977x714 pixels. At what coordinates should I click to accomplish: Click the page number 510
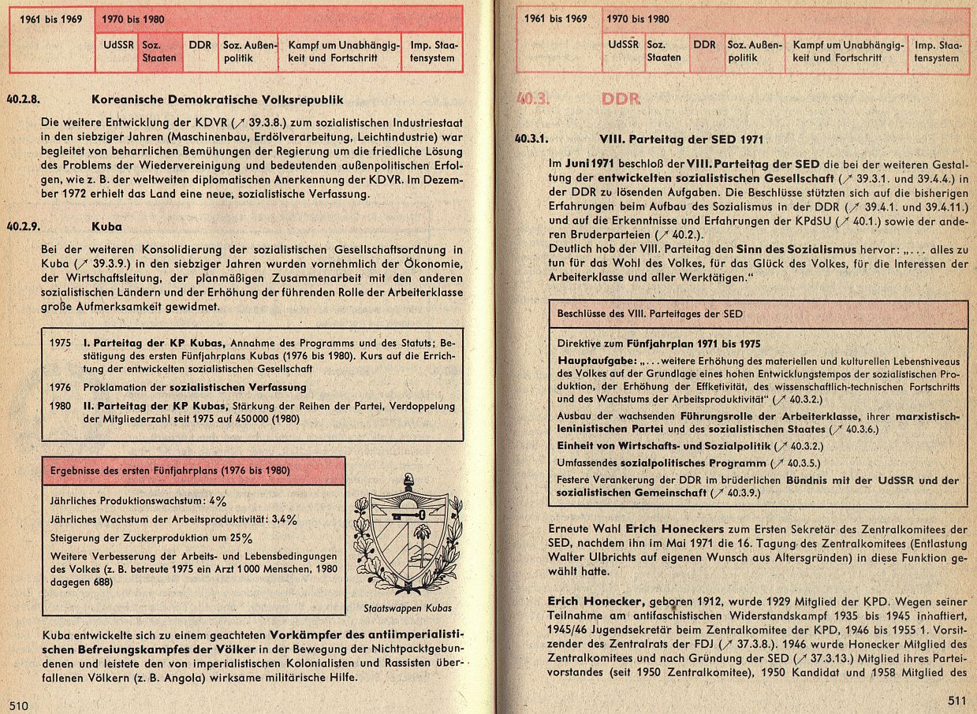tap(19, 705)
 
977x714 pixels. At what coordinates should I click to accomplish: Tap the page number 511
tap(956, 701)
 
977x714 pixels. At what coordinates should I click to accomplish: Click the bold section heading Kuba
tap(106, 226)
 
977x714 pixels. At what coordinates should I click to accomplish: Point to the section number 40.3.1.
tap(531, 139)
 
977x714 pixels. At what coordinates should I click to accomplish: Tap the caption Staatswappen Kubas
tap(408, 608)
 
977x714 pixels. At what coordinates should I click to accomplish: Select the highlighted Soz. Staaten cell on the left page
tap(158, 52)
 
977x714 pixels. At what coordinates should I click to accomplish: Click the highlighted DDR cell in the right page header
tap(704, 52)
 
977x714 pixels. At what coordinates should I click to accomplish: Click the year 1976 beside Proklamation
tap(59, 387)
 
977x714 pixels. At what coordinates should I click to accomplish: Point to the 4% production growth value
tap(218, 500)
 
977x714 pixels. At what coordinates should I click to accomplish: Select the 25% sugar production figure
tap(241, 539)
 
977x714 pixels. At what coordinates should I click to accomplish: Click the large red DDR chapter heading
tap(621, 99)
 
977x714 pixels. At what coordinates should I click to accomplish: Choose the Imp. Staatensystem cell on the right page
tap(937, 52)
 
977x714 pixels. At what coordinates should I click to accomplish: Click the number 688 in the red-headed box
tap(100, 582)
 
